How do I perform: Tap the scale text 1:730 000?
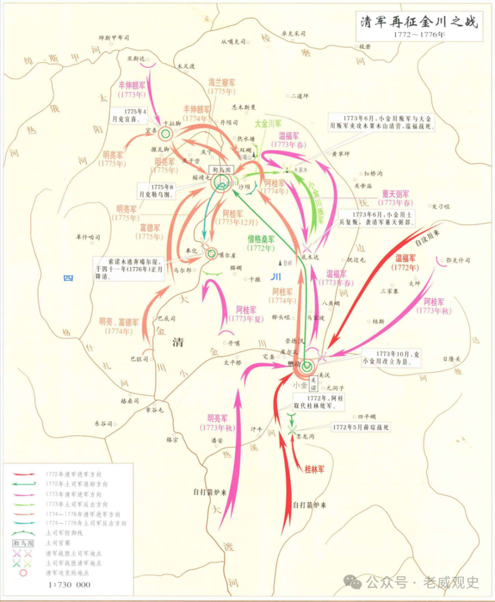coord(69,585)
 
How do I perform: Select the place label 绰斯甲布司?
coord(114,38)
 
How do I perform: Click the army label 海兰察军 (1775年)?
coord(221,87)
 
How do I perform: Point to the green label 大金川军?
coord(268,124)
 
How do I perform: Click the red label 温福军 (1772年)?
coord(405,262)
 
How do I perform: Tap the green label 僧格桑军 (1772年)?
coord(261,243)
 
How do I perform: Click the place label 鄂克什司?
coord(457,260)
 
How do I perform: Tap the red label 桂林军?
coord(314,469)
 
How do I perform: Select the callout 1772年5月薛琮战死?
coord(360,427)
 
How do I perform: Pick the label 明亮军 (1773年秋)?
coord(217,423)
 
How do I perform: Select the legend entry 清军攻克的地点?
coord(67,573)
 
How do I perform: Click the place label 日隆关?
coord(451,359)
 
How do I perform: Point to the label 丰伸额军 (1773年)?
coord(132,90)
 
